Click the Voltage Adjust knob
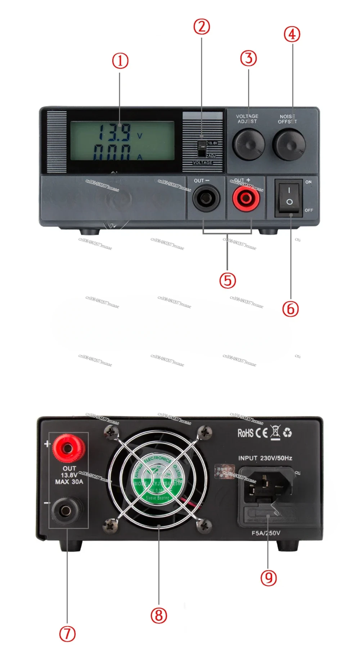248,145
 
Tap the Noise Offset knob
289,145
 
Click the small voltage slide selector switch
202,148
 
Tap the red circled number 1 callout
120,61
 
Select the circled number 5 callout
228,280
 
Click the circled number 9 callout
269,578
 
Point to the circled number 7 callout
67,634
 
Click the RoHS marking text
246,433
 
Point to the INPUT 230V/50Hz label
265,458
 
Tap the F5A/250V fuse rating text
266,533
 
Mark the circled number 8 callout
159,615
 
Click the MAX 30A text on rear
69,482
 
